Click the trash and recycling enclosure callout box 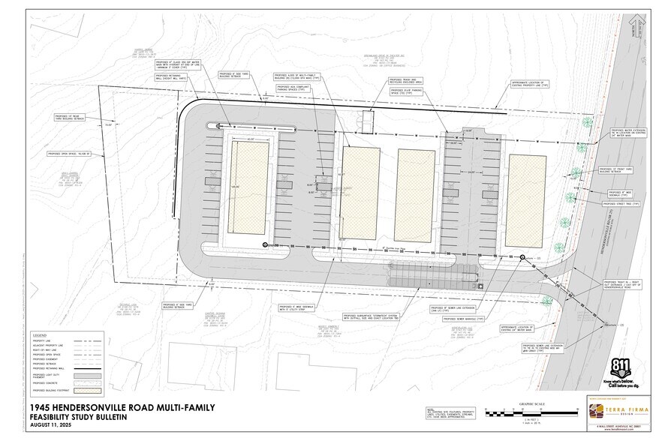[x=405, y=80]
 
